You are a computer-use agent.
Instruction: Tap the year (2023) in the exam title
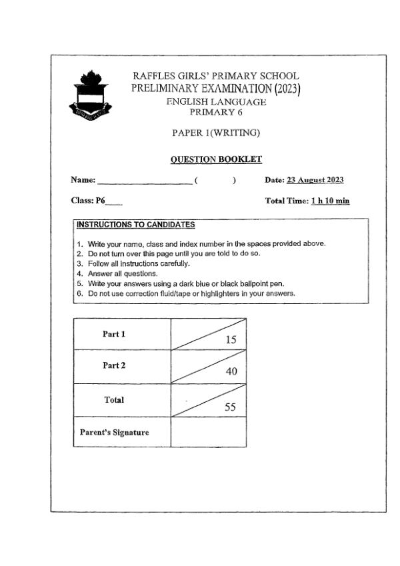pos(287,89)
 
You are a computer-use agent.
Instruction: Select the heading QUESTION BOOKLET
pos(216,159)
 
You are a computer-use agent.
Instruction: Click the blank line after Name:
pos(145,180)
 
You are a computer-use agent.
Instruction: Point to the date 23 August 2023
pos(315,180)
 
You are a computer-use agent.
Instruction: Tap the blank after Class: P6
pos(114,201)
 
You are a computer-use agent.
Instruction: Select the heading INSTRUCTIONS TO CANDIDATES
pos(135,225)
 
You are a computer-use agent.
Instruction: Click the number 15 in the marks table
pos(231,340)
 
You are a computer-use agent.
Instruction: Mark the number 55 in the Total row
pos(230,407)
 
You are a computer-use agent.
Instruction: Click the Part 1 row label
pos(113,334)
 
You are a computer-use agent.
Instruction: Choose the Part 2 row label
pos(113,366)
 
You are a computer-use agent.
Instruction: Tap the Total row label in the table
pos(114,400)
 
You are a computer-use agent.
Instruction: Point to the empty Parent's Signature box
pos(209,432)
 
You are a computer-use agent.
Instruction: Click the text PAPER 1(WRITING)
pos(215,133)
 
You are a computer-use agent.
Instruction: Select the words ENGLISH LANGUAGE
pos(216,102)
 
